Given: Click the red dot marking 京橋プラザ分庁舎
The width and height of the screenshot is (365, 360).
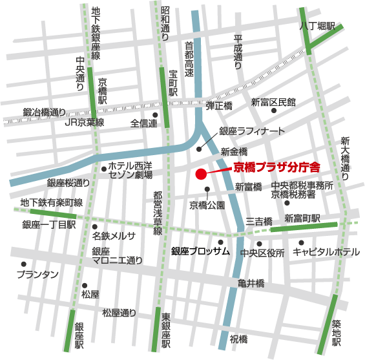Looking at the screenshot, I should pyautogui.click(x=201, y=173).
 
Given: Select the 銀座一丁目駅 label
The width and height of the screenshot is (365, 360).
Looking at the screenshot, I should pyautogui.click(x=49, y=225).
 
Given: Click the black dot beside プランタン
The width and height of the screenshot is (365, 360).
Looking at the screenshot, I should pyautogui.click(x=23, y=264).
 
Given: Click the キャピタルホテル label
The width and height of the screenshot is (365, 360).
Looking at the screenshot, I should pyautogui.click(x=326, y=252).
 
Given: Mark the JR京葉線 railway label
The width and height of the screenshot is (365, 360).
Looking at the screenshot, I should pyautogui.click(x=85, y=122).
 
